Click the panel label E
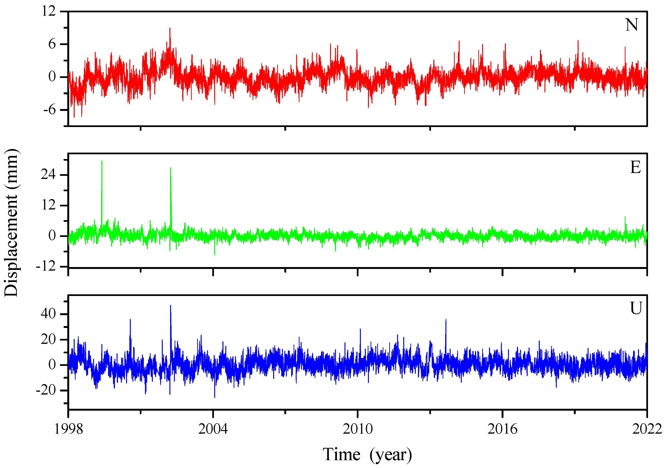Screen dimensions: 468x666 (635, 167)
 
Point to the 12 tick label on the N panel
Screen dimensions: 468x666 (48, 11)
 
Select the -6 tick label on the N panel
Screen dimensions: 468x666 (49, 110)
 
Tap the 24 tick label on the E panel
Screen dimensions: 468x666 (48, 175)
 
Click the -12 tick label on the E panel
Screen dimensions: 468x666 (45, 266)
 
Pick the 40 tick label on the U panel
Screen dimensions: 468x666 (48, 314)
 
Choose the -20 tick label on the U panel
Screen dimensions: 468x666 (45, 391)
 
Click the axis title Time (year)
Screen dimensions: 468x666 (367, 455)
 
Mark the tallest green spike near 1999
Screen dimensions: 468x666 (102, 162)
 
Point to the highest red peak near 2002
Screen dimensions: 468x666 (170, 28)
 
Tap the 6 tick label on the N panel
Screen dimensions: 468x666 (52, 44)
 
